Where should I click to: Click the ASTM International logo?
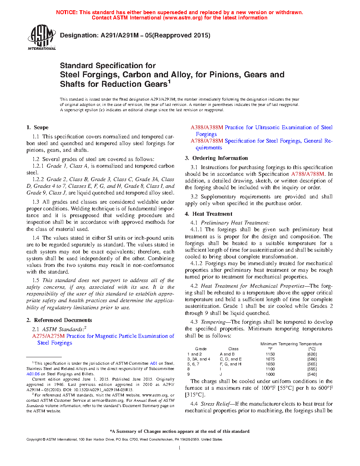pyautogui.click(x=41, y=37)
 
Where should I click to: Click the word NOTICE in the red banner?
pyautogui.click(x=67, y=12)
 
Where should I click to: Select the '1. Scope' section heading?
pyautogui.click(x=37, y=127)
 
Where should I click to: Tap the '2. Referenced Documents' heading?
pyautogui.click(x=59, y=320)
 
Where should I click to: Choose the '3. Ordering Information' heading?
pyautogui.click(x=216, y=158)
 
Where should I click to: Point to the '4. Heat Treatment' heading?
pyautogui.click(x=208, y=214)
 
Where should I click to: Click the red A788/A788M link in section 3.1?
pyautogui.click(x=307, y=174)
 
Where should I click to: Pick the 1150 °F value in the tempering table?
pyautogui.click(x=270, y=354)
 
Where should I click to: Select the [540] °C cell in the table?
pyautogui.click(x=312, y=374)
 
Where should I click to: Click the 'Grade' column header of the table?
pyautogui.click(x=201, y=349)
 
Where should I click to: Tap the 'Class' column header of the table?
pyautogui.click(x=233, y=349)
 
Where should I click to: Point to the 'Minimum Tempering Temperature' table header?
pyautogui.click(x=291, y=344)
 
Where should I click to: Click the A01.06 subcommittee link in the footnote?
pyautogui.click(x=33, y=374)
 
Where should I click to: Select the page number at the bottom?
pyautogui.click(x=180, y=448)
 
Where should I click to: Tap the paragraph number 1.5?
pyautogui.click(x=36, y=280)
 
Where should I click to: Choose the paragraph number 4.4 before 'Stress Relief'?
pyautogui.click(x=194, y=404)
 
